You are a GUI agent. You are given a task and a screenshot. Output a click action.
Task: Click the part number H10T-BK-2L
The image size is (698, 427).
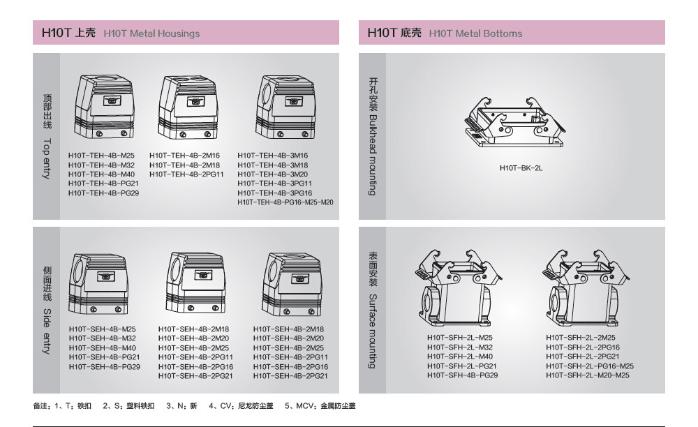(x=521, y=168)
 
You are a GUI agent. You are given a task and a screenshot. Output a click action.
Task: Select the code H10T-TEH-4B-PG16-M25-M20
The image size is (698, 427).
(x=285, y=202)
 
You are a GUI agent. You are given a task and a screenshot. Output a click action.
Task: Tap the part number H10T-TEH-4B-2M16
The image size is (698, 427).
(x=185, y=156)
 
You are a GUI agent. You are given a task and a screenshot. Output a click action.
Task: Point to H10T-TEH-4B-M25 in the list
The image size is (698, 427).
(x=101, y=156)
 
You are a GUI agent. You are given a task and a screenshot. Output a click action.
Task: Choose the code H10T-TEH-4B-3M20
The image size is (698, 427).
(x=272, y=174)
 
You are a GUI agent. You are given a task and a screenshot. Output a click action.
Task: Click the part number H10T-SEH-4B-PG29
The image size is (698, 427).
(x=105, y=367)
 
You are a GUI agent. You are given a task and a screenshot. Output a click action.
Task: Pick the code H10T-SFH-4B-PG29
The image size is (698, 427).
(x=463, y=375)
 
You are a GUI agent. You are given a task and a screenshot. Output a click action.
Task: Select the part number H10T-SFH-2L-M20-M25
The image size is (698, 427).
(x=588, y=375)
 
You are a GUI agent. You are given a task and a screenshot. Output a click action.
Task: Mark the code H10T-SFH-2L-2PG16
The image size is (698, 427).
(x=583, y=347)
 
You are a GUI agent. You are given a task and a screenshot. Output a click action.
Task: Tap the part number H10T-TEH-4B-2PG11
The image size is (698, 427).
(x=186, y=174)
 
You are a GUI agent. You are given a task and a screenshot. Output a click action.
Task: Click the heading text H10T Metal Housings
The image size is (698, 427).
(x=151, y=33)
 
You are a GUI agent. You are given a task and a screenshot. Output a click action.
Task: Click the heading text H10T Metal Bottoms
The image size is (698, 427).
(x=475, y=33)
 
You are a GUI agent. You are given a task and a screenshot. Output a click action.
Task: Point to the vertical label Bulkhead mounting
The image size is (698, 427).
(x=373, y=155)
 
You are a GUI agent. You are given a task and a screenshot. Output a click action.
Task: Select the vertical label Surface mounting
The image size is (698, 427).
(x=373, y=331)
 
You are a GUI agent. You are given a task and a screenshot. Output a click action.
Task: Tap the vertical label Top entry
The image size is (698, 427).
(x=47, y=158)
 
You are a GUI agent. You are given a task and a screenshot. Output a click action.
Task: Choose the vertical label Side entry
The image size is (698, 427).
(x=47, y=331)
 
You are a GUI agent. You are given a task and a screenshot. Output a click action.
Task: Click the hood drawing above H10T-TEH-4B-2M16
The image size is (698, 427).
(x=188, y=107)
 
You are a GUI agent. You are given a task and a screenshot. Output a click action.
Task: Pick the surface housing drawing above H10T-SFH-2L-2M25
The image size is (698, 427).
(x=586, y=287)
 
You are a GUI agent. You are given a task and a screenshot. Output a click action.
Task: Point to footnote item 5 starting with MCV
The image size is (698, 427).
(x=320, y=405)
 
